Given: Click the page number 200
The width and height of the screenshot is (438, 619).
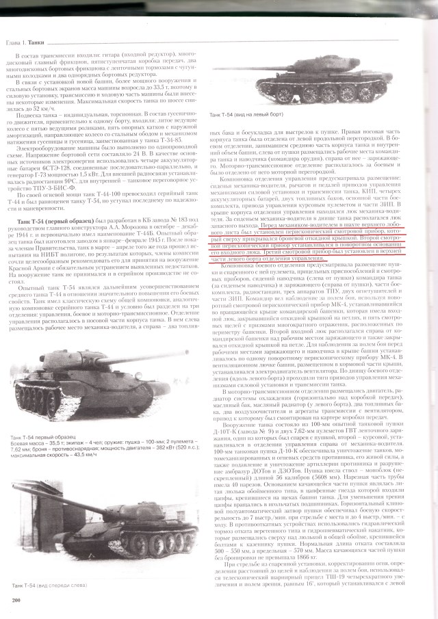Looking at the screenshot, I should point(16,600).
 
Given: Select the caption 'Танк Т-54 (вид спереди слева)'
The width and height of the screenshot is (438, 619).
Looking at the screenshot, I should point(52,585).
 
